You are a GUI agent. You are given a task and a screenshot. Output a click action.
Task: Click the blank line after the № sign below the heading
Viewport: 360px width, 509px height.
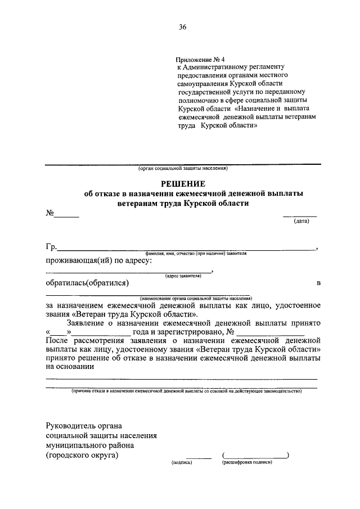tap(67, 214)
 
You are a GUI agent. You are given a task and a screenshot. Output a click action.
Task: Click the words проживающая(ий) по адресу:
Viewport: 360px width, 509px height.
tap(98, 260)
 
